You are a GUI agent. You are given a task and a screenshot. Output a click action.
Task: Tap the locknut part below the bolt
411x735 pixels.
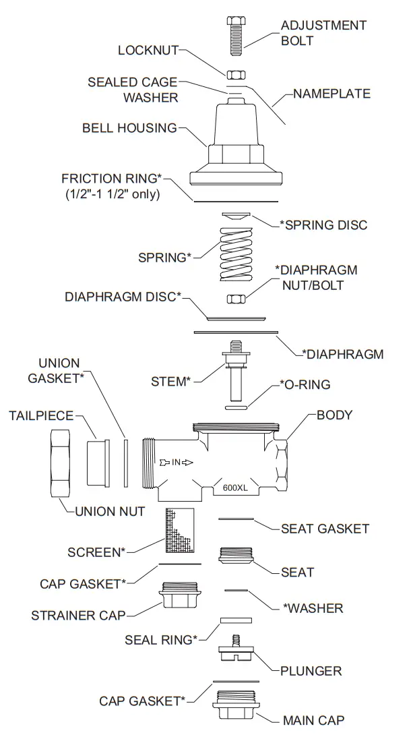point(235,73)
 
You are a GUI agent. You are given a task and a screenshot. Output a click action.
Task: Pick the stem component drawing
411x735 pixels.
point(235,374)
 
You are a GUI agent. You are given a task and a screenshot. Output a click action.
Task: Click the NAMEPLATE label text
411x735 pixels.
point(331,94)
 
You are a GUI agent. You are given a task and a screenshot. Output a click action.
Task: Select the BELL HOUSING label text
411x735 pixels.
point(129,127)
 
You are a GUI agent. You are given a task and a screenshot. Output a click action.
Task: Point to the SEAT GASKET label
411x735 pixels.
point(325,529)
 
